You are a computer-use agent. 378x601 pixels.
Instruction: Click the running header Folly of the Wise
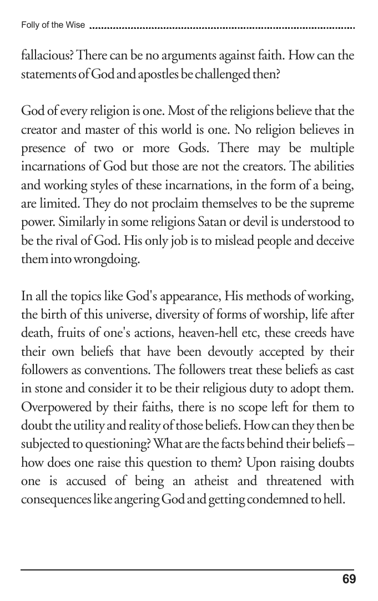(x=53, y=25)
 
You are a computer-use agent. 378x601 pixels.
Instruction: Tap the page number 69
(x=349, y=580)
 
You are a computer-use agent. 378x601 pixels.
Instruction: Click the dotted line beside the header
(x=222, y=26)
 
